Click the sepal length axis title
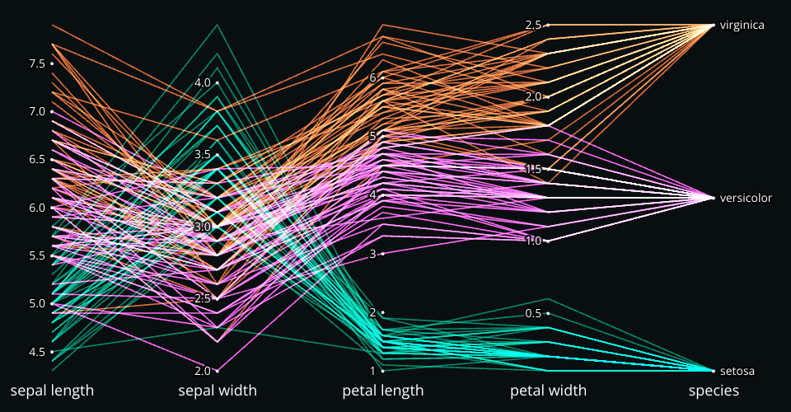[52, 391]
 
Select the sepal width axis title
[218, 391]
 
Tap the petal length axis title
[383, 391]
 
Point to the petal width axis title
[548, 391]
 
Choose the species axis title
[714, 391]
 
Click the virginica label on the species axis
[741, 26]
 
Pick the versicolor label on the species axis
[745, 198]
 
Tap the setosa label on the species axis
[737, 371]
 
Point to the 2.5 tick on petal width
[534, 25]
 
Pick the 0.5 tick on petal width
[534, 313]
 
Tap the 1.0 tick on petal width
[534, 241]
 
